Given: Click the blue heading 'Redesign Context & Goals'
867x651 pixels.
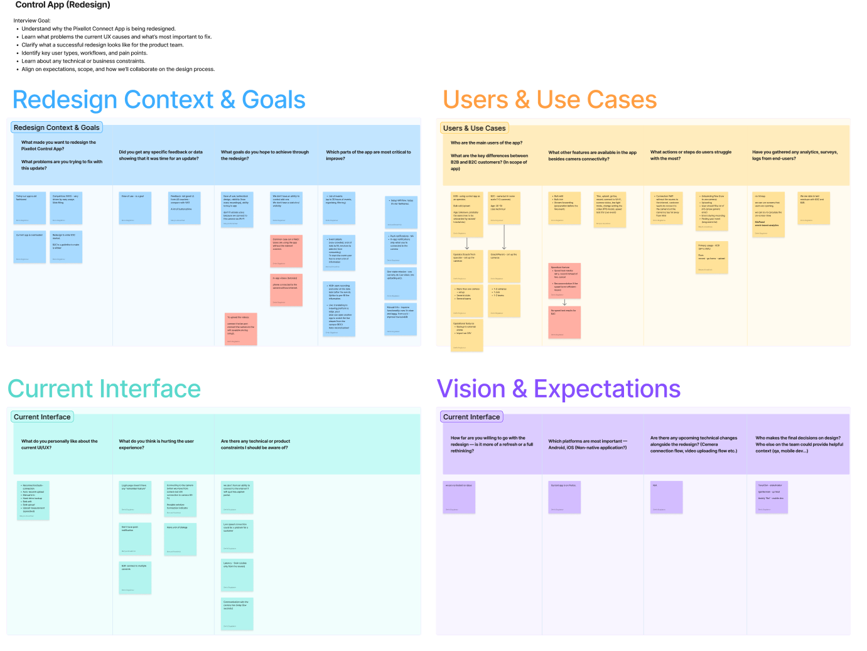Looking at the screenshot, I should pos(159,100).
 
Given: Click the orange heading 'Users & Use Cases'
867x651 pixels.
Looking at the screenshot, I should pos(549,100).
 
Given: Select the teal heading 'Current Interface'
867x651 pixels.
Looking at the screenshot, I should pos(104,389).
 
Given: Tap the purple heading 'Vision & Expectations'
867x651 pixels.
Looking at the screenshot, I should pos(558,389).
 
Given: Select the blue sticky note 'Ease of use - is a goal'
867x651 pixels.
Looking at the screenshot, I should pos(135,208).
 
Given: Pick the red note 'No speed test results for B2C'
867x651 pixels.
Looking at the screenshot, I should pos(565,321).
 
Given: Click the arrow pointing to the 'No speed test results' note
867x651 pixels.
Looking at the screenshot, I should pos(565,302).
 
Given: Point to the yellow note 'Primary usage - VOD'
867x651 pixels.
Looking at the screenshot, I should pos(712,257).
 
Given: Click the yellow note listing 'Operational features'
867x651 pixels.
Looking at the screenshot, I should pos(467,335).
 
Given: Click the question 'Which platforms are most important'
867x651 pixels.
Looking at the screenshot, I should pos(588,444).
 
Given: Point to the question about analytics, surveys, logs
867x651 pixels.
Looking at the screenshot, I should pos(795,155).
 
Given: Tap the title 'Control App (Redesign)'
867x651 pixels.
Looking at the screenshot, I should pos(63,5).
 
